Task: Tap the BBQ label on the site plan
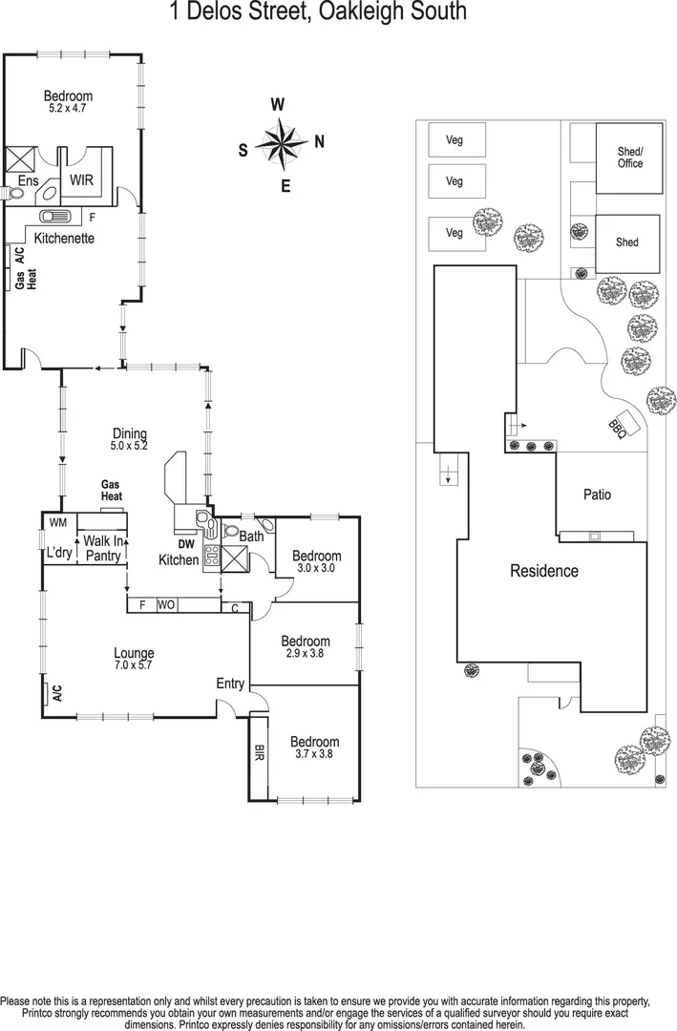618,431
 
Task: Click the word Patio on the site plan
597,494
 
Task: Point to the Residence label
543,571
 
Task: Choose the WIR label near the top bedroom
80,179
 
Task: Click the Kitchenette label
65,238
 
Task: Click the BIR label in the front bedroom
259,752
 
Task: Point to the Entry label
230,684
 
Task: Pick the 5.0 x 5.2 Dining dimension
129,445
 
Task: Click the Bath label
251,537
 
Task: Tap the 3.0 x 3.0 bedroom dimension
316,568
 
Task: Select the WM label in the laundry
57,522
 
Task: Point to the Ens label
25,179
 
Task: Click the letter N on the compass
320,142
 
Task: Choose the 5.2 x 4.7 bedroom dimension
68,108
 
